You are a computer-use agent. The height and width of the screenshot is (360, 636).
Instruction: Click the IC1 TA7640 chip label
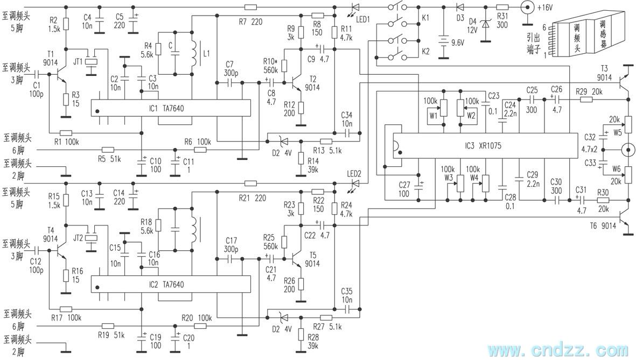166,109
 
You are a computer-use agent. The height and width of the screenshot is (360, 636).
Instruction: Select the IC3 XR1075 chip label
483,146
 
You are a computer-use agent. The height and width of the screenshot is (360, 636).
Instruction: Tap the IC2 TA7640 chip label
166,285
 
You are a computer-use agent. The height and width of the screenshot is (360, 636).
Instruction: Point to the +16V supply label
545,8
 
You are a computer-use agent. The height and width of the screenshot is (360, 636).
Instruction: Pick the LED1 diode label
363,19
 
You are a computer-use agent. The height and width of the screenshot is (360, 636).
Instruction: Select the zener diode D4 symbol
486,24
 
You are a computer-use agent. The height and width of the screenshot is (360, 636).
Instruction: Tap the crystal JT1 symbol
93,62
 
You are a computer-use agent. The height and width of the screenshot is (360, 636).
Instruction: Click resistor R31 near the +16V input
502,8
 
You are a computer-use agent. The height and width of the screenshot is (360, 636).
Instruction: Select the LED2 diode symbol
356,183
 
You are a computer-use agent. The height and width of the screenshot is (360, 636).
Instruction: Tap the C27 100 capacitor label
404,189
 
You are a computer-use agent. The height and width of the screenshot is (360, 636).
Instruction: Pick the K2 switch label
425,52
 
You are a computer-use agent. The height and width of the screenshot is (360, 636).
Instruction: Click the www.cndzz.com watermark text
558,349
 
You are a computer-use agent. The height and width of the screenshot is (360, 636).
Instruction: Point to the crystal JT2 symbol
93,238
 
